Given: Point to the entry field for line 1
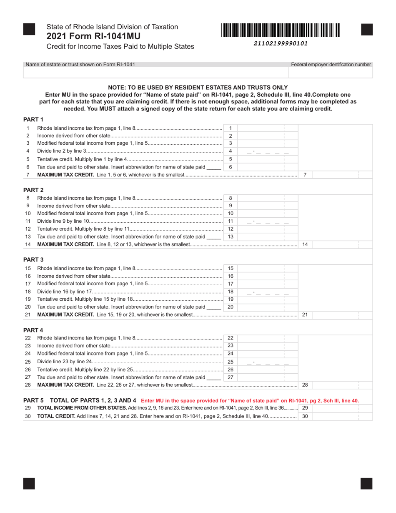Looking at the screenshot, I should coord(267,128).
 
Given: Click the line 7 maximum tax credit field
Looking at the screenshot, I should coord(341,175).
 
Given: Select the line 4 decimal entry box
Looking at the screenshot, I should coord(267,151).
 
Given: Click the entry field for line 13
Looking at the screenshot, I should coord(267,236).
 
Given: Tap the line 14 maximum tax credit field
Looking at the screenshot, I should coord(341,244).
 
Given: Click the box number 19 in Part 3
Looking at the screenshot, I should coord(231,299).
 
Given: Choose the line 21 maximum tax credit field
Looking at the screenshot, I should coord(341,314).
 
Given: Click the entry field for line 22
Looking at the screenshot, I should coord(267,338).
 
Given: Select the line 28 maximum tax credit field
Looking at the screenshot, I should coord(341,385).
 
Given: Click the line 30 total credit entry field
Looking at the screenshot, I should coord(341,416).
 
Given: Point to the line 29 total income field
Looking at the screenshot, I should coord(341,408).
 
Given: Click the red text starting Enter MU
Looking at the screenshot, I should coord(250,400).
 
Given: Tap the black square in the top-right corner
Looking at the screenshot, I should coord(366,29).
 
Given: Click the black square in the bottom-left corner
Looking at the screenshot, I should coord(29,483).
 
